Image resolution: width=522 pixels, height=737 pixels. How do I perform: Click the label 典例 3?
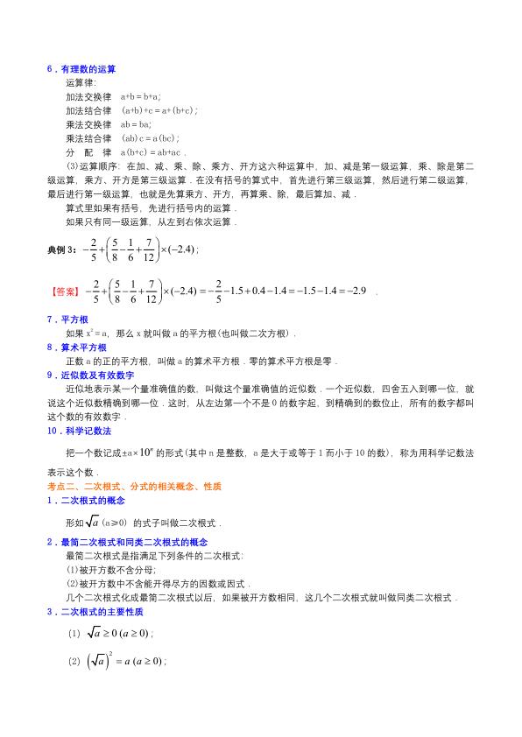click(65, 250)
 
